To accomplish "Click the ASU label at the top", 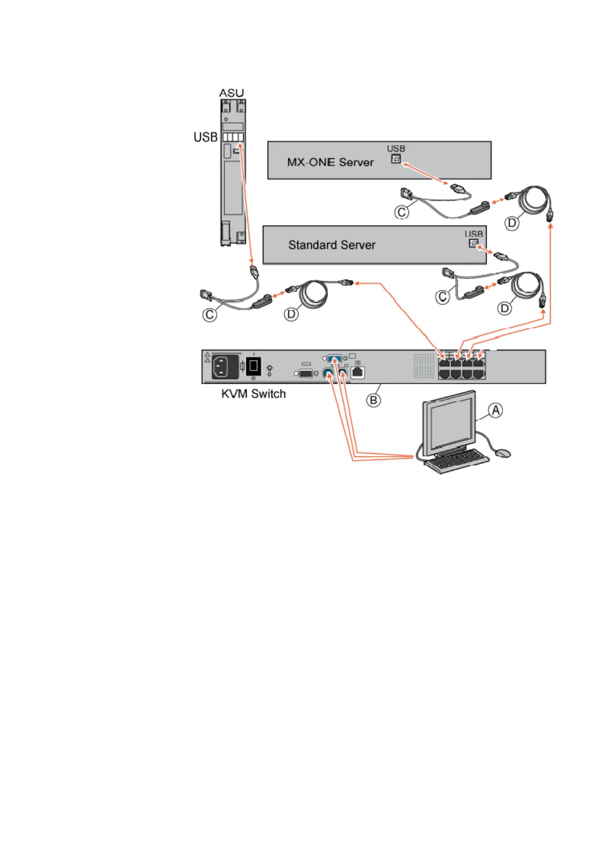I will point(231,93).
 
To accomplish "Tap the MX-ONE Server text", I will point(330,162).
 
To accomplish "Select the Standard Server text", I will point(331,245).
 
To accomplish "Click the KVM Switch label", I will point(253,394).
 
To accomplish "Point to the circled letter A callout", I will point(495,410).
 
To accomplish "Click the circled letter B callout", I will point(374,400).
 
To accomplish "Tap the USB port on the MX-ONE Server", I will point(396,159).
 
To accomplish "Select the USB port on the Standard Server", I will point(473,243).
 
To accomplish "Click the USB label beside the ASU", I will point(205,137).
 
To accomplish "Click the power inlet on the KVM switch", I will point(225,366).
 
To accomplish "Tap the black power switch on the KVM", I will point(253,366).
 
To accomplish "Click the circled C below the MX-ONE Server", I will point(401,212).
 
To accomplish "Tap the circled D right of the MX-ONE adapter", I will point(512,222).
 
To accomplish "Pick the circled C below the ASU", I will point(210,315).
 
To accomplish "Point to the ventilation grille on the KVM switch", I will point(424,366).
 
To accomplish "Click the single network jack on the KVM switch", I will point(358,372).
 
